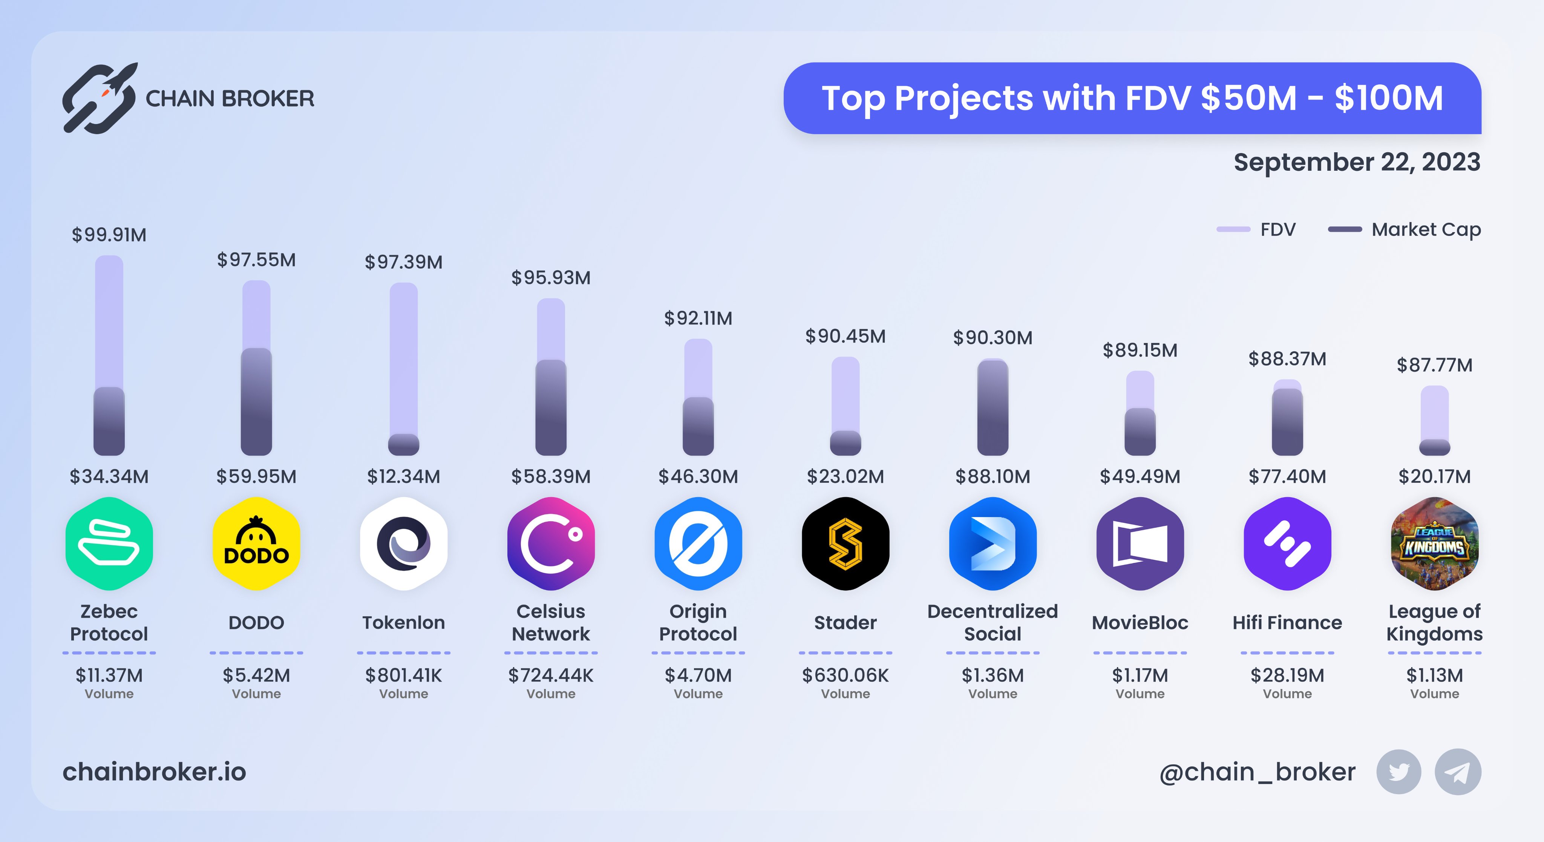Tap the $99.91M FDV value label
[109, 235]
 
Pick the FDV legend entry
[1257, 230]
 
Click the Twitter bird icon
[1398, 772]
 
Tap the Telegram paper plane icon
[1457, 772]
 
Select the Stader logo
[845, 543]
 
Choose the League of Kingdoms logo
[1434, 543]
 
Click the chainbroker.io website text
[155, 772]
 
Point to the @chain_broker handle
[1257, 772]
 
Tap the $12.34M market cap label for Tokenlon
[403, 476]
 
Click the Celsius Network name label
[550, 623]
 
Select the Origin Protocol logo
[698, 543]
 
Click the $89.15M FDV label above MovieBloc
[1140, 351]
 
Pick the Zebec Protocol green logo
[109, 543]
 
